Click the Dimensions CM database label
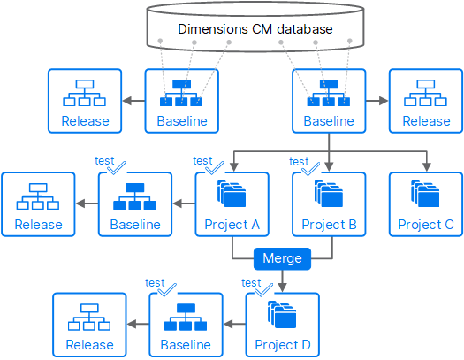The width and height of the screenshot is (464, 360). click(255, 29)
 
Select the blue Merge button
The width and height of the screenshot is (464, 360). click(282, 259)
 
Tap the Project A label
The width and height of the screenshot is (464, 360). click(232, 225)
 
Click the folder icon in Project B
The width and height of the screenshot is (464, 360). click(329, 194)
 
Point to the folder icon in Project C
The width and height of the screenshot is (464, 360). click(425, 194)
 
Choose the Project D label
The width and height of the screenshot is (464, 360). click(283, 345)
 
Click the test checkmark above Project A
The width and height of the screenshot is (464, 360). click(215, 168)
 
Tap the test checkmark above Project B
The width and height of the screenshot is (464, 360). click(311, 169)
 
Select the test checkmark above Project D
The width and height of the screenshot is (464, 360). click(263, 289)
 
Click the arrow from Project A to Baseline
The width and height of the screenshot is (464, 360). click(184, 203)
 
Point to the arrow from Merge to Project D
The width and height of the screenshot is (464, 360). click(282, 280)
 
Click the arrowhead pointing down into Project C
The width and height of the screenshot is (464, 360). click(426, 166)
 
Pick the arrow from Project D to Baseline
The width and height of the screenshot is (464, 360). click(234, 324)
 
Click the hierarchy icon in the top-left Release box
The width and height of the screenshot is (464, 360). click(85, 93)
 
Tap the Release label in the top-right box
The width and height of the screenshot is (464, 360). click(426, 121)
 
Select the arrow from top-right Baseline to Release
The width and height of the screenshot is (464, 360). click(377, 101)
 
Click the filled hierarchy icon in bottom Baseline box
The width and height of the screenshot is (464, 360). click(186, 317)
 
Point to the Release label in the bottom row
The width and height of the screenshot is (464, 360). click(89, 345)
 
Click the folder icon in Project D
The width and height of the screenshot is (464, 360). click(282, 315)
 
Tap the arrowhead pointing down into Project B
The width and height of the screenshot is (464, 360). click(329, 166)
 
